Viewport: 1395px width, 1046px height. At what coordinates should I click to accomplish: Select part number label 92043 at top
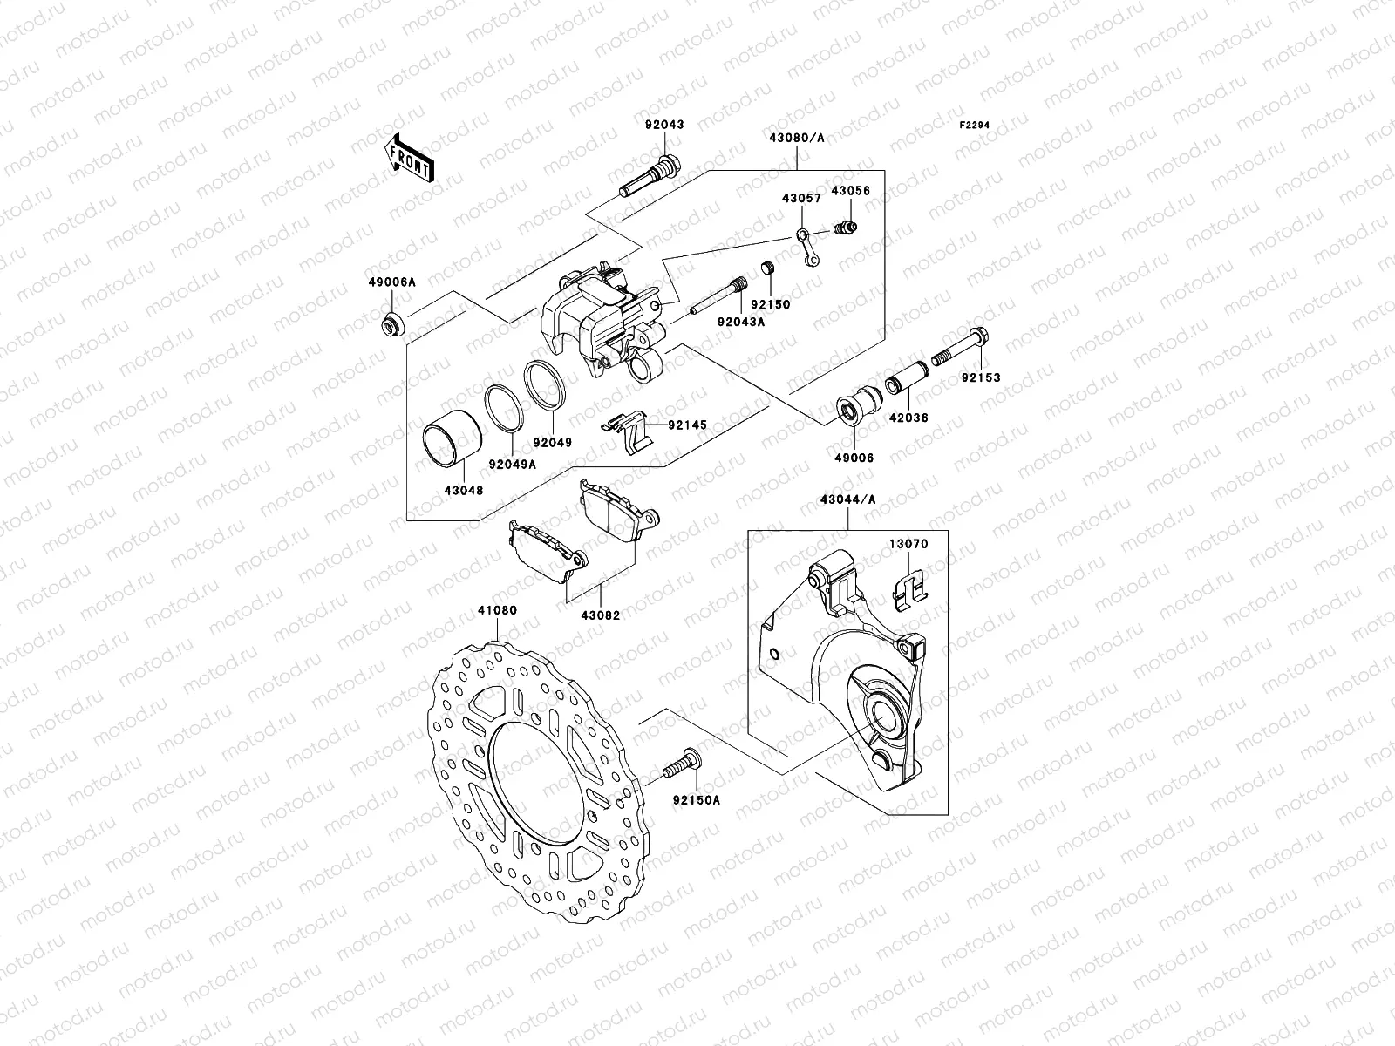[664, 125]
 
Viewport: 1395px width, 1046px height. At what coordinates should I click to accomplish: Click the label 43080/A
[797, 138]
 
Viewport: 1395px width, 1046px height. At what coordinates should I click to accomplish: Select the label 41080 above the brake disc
[497, 611]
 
